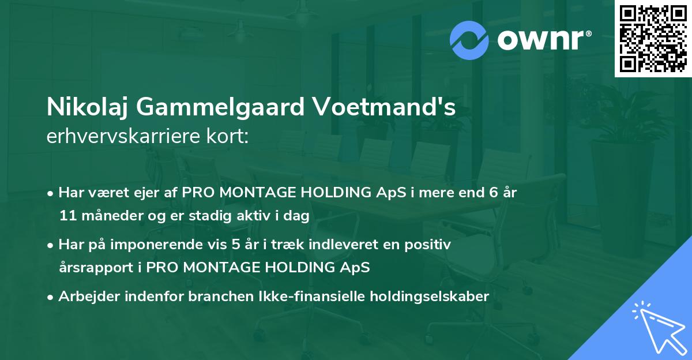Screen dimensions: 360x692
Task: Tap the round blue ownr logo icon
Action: (x=469, y=40)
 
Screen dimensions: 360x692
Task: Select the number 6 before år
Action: (x=494, y=193)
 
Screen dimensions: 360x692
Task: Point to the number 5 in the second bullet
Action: (x=235, y=245)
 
